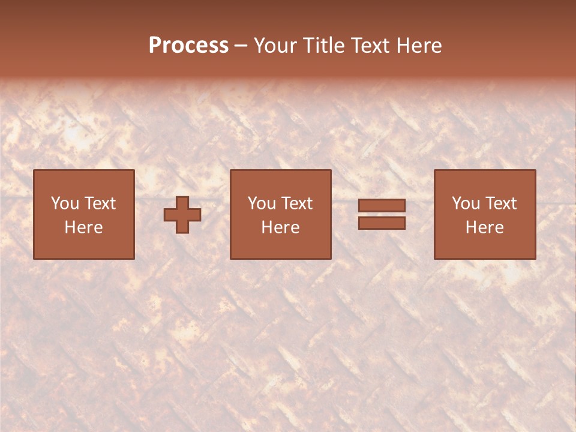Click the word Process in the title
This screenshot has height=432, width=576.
(x=188, y=46)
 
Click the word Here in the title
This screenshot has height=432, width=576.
(x=419, y=46)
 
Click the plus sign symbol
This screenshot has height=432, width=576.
(x=182, y=215)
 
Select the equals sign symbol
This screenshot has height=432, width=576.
(x=382, y=214)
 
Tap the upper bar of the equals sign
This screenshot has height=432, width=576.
(x=382, y=206)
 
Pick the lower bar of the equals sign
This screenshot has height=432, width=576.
(x=382, y=223)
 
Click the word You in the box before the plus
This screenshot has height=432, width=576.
(x=65, y=203)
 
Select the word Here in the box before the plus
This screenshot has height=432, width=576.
(x=83, y=227)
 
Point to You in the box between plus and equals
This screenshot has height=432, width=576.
(x=262, y=203)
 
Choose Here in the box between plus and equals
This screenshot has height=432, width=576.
(x=280, y=227)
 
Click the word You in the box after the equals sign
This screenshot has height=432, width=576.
(x=466, y=203)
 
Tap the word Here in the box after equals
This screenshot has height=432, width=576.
(x=484, y=227)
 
